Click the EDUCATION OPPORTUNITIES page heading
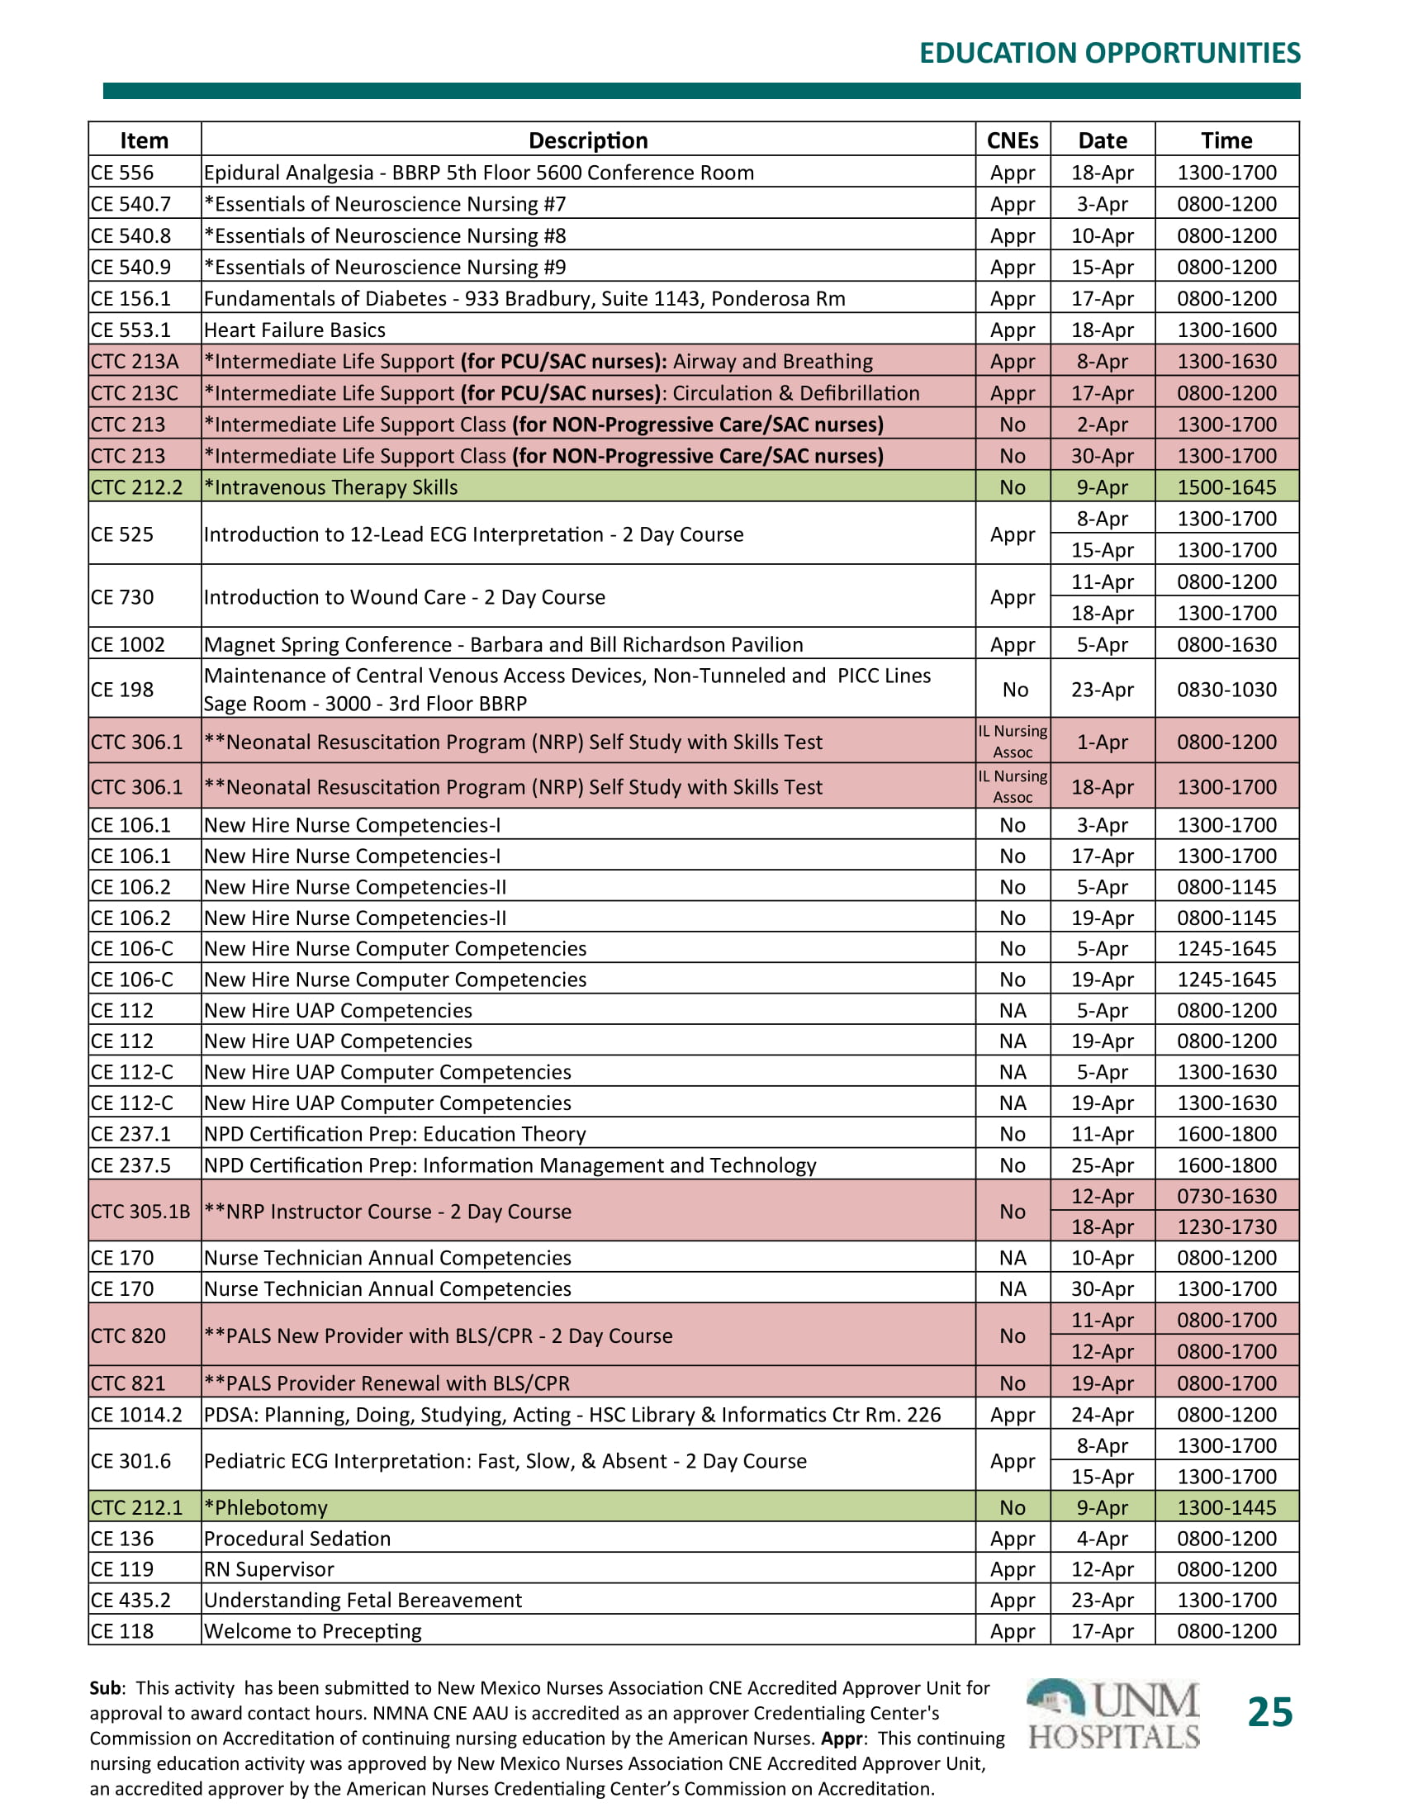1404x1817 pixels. [x=1108, y=53]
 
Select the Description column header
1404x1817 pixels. [x=588, y=140]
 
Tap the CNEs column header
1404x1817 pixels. [x=1013, y=140]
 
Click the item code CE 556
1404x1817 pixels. [x=122, y=173]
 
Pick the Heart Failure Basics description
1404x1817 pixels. [x=295, y=330]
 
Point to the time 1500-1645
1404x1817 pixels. [x=1226, y=487]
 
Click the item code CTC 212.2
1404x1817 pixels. [x=136, y=487]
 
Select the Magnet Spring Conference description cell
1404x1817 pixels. [x=503, y=645]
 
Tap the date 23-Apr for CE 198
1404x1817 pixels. [x=1102, y=690]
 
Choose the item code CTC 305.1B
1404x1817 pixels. [x=140, y=1212]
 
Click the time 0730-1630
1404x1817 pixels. [x=1226, y=1197]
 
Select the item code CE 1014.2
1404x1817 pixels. [x=136, y=1414]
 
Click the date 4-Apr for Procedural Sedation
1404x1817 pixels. [x=1102, y=1539]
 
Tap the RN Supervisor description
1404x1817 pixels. [x=268, y=1569]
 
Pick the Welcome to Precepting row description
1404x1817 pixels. [x=313, y=1630]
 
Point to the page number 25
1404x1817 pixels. [x=1269, y=1713]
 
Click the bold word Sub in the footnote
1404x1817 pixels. [x=105, y=1688]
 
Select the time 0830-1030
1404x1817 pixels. [x=1226, y=690]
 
